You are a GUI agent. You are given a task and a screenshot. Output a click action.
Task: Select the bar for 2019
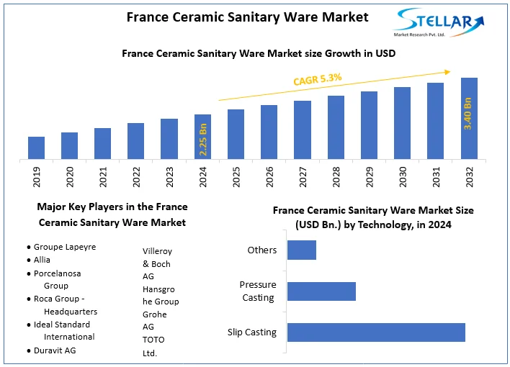coord(37,148)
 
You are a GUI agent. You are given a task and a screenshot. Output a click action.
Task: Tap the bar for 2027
coord(303,130)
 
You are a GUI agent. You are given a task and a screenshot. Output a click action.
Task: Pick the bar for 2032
coord(469,118)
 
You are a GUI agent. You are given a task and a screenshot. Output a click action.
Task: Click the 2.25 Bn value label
coord(203,140)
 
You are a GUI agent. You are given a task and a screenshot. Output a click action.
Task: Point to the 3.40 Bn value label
coord(468,113)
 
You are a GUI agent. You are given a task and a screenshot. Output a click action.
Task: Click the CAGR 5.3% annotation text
coord(317,78)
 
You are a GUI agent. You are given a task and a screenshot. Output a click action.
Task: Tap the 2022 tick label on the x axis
coord(137,176)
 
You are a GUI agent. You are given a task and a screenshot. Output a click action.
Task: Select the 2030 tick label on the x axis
coord(403,176)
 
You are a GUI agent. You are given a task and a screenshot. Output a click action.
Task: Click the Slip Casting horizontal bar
coord(376,332)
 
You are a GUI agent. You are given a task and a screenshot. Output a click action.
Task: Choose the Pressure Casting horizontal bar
coord(321,291)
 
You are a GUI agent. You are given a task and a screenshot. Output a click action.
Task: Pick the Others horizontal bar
coord(302,250)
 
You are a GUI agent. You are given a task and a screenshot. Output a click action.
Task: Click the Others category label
coord(261,250)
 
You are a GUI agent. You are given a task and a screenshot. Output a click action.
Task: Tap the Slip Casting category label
coord(252,332)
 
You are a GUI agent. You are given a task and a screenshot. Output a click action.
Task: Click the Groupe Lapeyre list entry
coord(65,247)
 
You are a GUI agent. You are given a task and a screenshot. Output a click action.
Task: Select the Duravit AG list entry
coord(55,350)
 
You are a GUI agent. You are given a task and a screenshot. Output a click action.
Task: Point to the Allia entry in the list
coord(42,259)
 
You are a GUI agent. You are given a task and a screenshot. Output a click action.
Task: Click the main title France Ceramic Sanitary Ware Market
coord(247,17)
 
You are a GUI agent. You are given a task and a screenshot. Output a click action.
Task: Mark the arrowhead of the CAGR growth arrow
coord(447,71)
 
